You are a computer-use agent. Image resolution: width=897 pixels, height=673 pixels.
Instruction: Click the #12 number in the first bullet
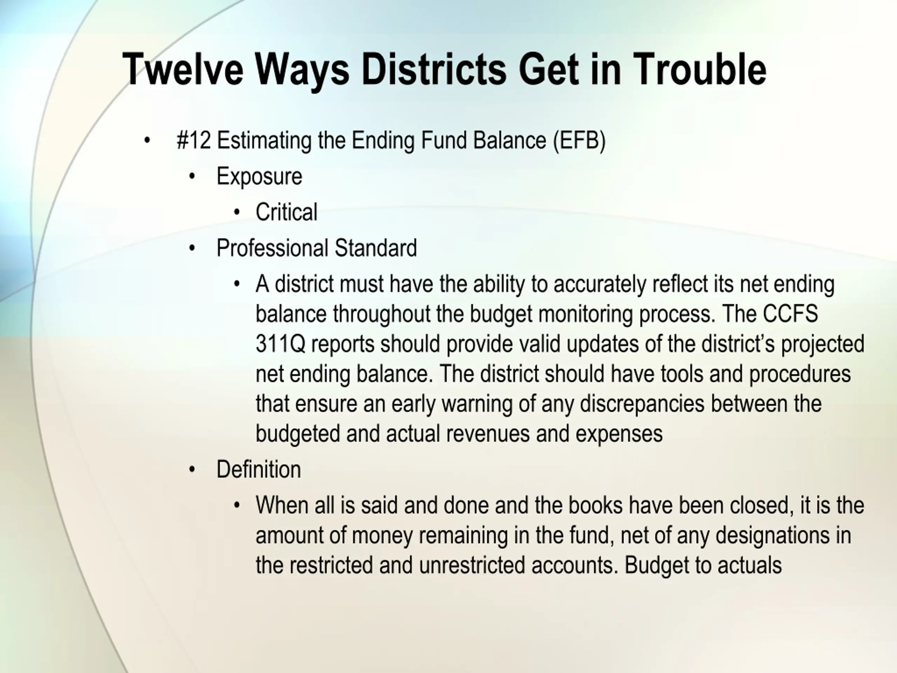point(194,140)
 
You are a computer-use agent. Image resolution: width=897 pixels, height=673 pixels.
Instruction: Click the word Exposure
point(260,176)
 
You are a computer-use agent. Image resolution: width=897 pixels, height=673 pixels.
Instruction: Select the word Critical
point(286,212)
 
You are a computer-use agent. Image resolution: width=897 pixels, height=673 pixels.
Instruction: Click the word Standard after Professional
point(376,248)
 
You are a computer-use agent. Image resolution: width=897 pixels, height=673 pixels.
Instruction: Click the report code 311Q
point(280,344)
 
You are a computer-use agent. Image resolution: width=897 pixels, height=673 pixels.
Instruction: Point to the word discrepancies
point(642,404)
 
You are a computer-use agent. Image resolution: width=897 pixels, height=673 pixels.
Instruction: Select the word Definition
point(259,469)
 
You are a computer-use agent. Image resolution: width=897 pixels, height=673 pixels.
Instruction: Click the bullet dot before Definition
point(192,470)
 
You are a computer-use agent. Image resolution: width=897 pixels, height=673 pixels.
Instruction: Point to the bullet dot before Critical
point(237,212)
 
